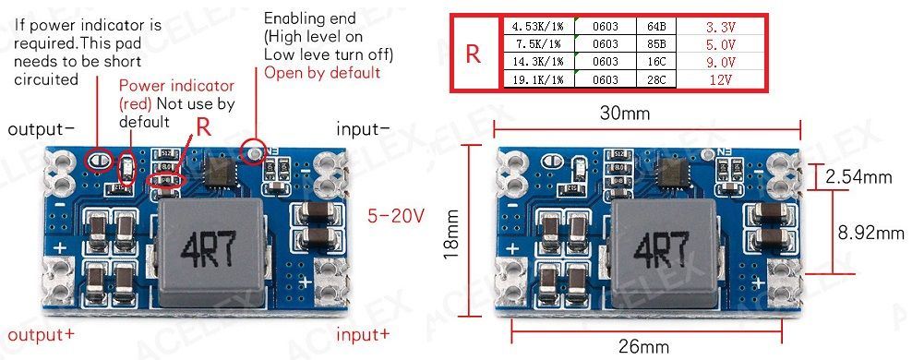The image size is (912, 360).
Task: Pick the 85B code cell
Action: click(657, 44)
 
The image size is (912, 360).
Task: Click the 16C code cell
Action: click(657, 62)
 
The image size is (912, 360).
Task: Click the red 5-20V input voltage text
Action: click(396, 216)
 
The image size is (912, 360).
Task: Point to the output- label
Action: click(42, 129)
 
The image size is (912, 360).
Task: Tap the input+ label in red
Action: click(363, 333)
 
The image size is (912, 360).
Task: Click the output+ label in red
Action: click(42, 333)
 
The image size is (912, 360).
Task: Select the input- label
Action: click(363, 129)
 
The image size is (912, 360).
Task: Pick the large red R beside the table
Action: click(473, 54)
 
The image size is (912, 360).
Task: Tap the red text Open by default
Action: click(322, 73)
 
